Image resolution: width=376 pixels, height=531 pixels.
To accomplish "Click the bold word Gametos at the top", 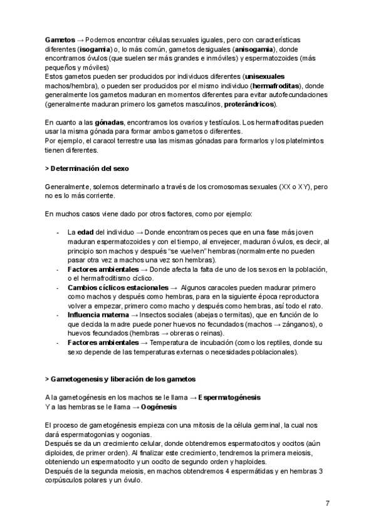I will point(59,39).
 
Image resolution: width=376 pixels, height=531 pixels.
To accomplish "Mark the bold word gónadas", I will point(110,122).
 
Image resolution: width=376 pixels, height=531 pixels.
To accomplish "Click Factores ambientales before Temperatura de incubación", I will point(103,343).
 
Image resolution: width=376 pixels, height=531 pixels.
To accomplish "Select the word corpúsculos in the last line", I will point(65,480).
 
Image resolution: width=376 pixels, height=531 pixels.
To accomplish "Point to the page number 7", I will point(328,504).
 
